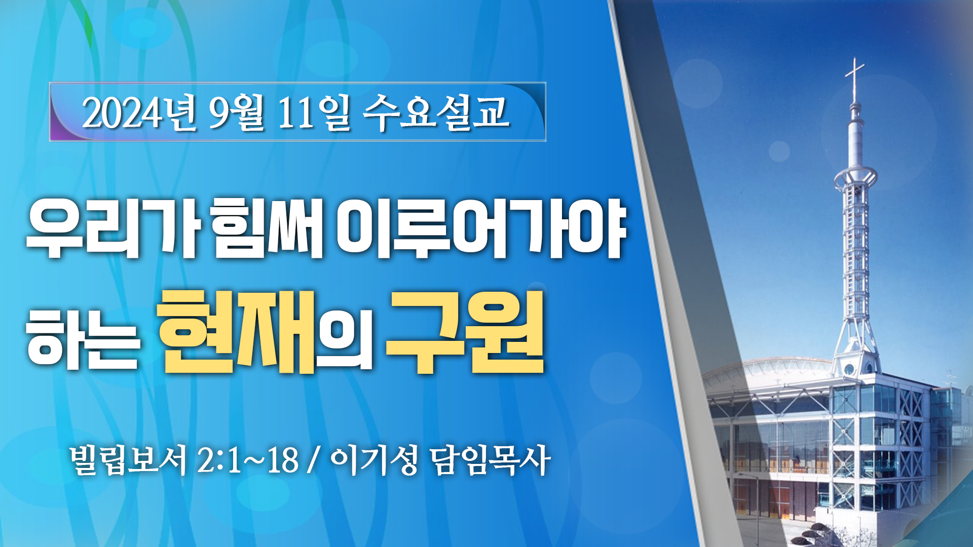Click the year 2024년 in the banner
[139, 112]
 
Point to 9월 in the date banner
[237, 112]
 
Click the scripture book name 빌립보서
[129, 460]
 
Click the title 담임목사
[490, 460]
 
